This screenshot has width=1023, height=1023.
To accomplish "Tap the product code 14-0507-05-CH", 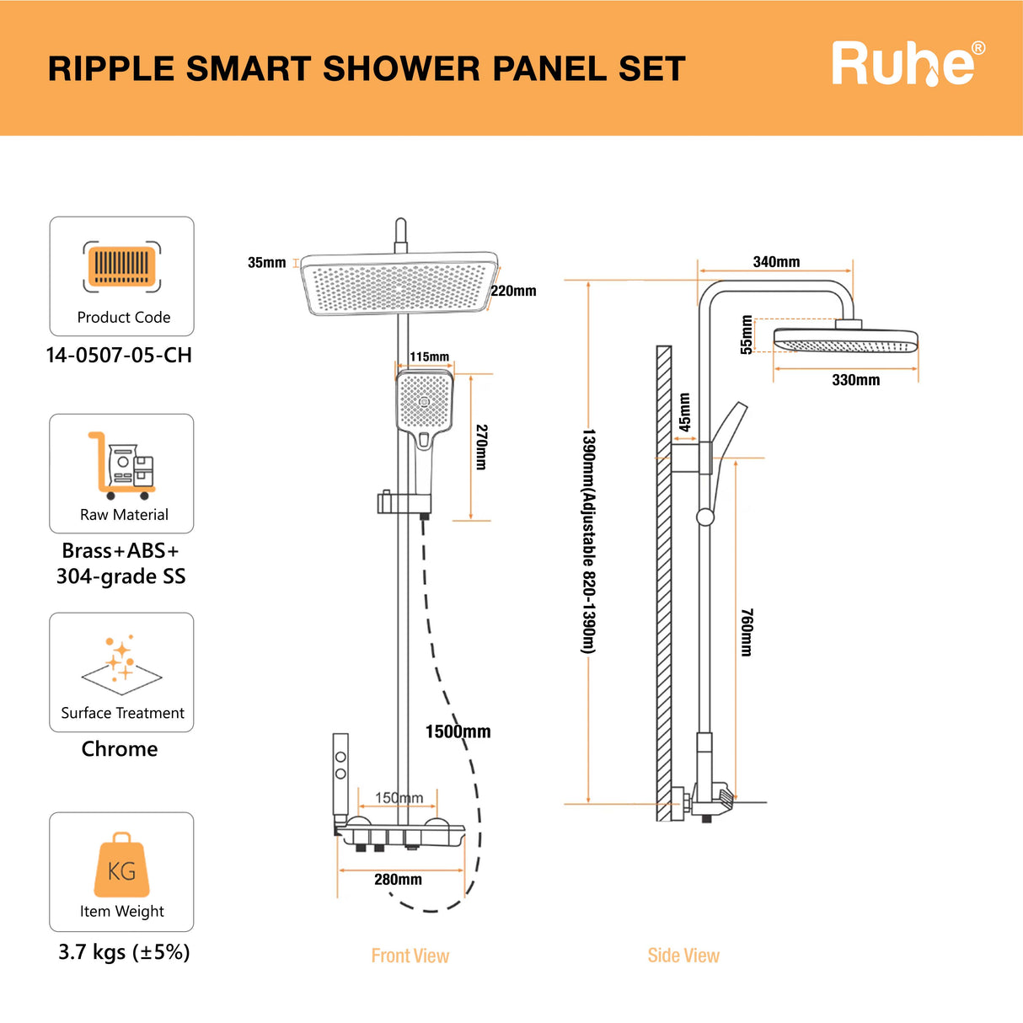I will tap(119, 356).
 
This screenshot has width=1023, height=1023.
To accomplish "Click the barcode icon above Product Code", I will tap(122, 266).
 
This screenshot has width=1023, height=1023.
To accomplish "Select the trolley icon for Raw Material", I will tap(122, 465).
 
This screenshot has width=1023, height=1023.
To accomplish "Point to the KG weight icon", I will tap(121, 866).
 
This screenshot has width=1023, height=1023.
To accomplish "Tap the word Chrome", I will tap(120, 749).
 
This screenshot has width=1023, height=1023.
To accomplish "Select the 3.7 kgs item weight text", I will tap(124, 952).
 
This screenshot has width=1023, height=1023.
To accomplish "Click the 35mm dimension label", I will tap(266, 263).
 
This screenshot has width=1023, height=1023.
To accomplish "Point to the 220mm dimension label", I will tap(513, 291).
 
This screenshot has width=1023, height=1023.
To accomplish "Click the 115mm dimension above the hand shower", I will tap(430, 356).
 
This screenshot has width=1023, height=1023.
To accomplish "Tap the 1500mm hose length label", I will tap(458, 731).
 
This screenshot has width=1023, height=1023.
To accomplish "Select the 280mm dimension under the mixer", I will tap(398, 880).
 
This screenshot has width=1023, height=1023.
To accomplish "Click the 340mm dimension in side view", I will tap(776, 262).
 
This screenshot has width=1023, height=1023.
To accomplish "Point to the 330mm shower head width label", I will tap(855, 380).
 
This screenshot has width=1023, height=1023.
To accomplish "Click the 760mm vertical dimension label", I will tap(747, 632).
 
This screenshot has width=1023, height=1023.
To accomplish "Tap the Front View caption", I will tap(410, 956).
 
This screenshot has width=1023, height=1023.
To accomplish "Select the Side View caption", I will tap(683, 956).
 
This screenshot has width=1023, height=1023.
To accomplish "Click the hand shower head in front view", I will tap(425, 402).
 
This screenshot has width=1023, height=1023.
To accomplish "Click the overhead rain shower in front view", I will tap(399, 283).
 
